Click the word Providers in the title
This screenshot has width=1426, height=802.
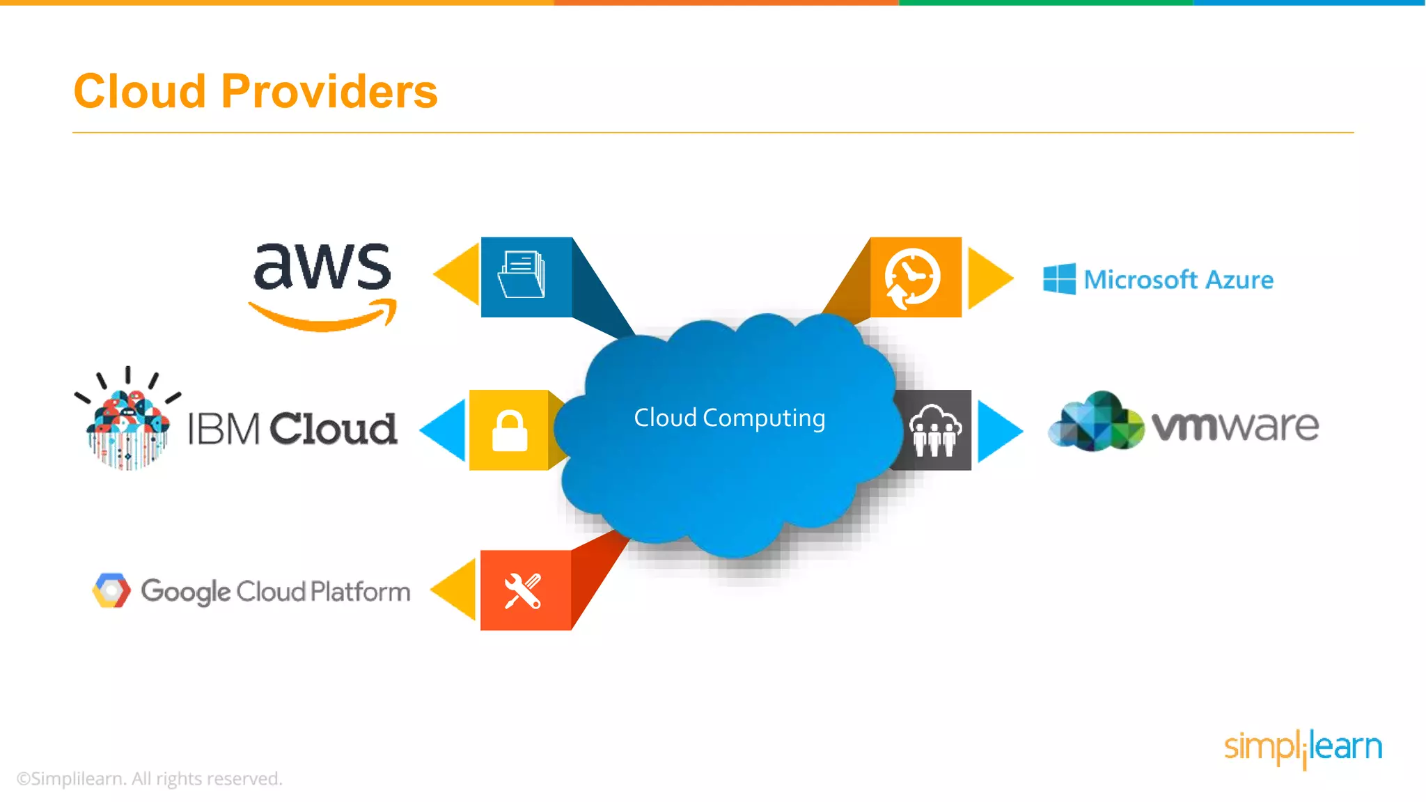329,92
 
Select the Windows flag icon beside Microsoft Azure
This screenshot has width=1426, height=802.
1059,279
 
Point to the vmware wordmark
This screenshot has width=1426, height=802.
1235,426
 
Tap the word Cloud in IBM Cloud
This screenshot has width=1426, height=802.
334,428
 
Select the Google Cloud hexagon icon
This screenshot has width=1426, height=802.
111,590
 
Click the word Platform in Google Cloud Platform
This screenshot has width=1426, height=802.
360,592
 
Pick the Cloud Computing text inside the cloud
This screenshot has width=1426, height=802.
729,418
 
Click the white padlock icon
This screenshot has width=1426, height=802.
510,431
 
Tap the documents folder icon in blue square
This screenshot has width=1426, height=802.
522,275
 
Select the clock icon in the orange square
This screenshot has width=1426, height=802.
912,277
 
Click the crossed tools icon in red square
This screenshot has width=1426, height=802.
523,591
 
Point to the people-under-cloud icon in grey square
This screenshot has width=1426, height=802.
935,430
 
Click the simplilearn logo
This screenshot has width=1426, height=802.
1303,748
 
